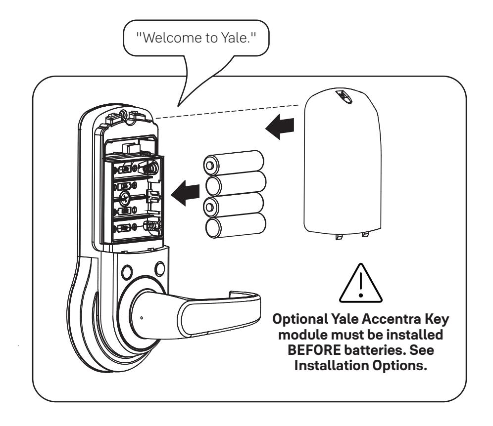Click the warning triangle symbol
[361, 283]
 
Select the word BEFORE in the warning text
[314, 350]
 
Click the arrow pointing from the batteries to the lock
[185, 193]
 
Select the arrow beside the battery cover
[280, 127]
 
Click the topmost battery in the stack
[233, 163]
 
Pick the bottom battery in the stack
[236, 225]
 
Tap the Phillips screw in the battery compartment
[125, 198]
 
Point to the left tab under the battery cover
[339, 236]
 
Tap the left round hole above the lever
[127, 271]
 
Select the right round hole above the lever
[160, 269]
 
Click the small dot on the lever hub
[142, 318]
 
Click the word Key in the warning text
[437, 320]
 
